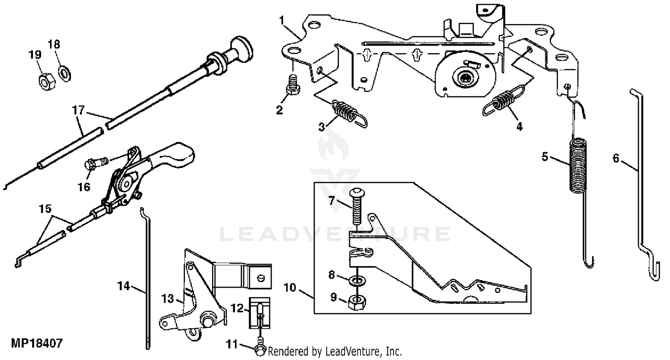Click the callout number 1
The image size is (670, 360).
pyautogui.click(x=281, y=20)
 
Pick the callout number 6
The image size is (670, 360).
pyautogui.click(x=616, y=158)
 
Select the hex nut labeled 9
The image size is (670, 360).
pyautogui.click(x=356, y=301)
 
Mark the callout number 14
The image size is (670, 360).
pyautogui.click(x=123, y=286)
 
